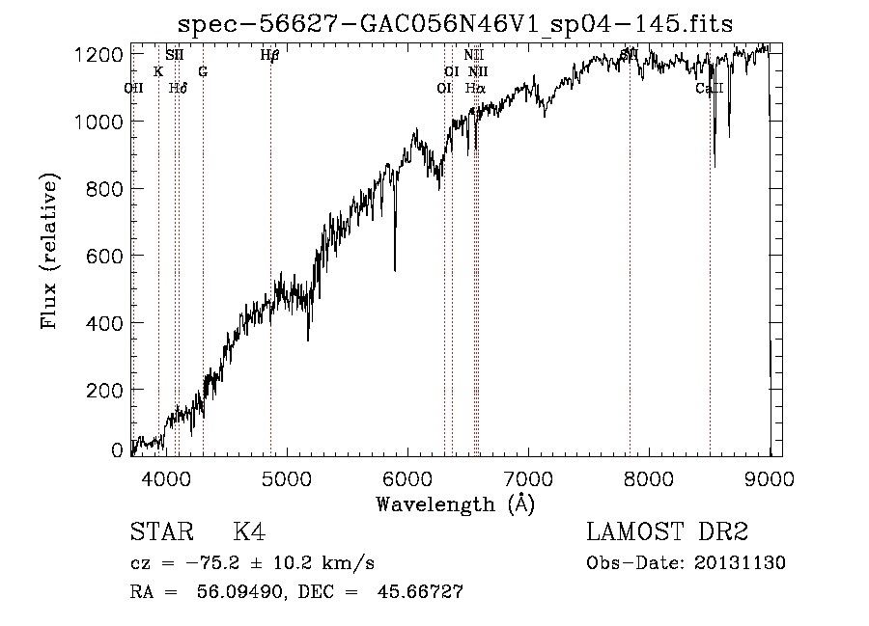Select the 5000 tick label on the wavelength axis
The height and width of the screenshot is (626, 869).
pos(286,476)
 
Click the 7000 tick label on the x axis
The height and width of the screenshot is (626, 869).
pos(527,476)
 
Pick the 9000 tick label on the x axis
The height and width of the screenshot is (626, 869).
pos(769,476)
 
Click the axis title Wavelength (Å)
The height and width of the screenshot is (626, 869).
pos(456,504)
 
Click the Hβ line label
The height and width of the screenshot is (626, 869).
pos(269,56)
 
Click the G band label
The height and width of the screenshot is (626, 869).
pos(203,72)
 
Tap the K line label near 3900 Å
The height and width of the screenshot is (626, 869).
pos(158,72)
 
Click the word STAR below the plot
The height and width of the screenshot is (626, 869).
pos(159,532)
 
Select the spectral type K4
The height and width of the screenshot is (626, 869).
pos(249,532)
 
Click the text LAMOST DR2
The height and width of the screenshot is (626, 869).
pos(667,532)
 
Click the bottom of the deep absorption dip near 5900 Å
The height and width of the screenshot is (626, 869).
pos(394,270)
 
